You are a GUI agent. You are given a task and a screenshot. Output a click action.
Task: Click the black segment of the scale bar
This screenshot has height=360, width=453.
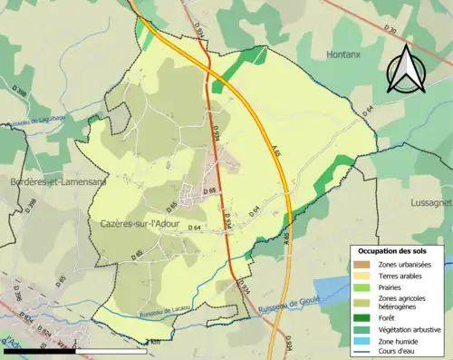point(37,350)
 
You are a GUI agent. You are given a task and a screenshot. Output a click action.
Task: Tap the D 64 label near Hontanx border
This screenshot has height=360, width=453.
point(368,112)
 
